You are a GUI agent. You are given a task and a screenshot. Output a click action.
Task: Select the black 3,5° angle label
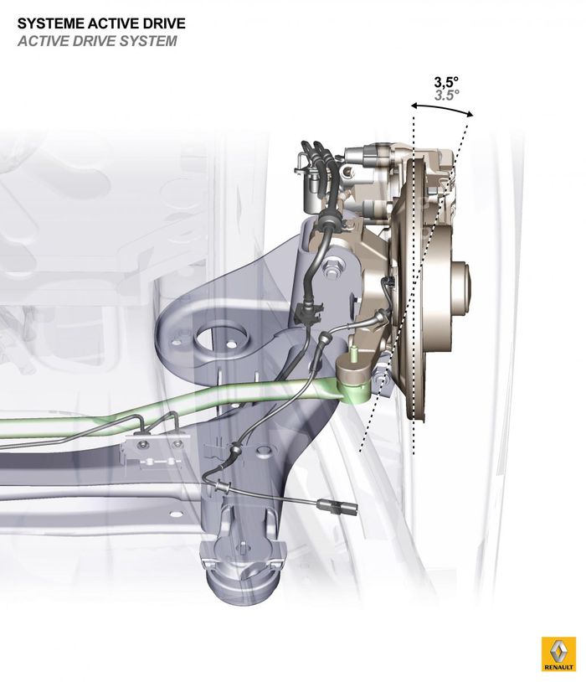pos(446,82)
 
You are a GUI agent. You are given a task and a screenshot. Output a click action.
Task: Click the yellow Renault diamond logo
pos(558,650)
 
